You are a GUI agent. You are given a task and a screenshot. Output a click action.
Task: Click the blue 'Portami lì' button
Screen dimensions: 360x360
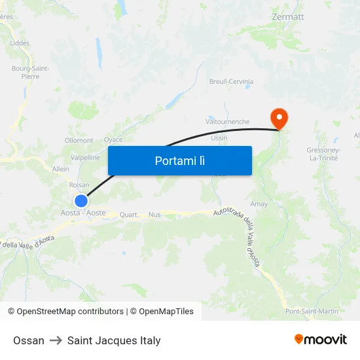[179, 160]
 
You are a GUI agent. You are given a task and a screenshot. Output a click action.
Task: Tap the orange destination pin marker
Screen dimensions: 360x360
[279, 118]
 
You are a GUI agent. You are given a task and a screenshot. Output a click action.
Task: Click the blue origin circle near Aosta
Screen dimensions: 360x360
[81, 201]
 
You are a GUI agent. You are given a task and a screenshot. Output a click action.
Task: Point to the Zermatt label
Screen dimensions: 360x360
[287, 16]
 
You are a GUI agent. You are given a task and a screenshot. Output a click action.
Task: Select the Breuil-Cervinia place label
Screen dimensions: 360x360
[231, 82]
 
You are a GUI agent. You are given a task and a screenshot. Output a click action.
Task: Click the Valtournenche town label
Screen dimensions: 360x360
[227, 122]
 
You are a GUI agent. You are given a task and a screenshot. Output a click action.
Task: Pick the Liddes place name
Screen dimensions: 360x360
[20, 43]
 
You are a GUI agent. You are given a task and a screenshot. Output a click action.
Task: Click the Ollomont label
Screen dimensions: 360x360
[79, 140]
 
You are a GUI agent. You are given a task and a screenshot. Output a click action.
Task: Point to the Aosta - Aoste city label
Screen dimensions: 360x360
[83, 213]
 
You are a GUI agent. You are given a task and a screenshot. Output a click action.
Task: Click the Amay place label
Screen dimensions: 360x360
[259, 204]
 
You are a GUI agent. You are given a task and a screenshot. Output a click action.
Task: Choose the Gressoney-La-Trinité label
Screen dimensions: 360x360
[322, 154]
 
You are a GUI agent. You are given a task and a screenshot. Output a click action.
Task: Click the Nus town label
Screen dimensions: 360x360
[154, 215]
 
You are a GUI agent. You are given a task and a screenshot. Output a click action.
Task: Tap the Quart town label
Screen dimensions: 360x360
[129, 215]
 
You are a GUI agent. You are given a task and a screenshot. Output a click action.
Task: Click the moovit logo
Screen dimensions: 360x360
[321, 339]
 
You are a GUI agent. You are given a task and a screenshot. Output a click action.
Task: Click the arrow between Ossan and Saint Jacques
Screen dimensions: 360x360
[56, 340]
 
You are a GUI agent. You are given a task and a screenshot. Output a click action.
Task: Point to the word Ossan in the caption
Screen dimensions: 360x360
[29, 340]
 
